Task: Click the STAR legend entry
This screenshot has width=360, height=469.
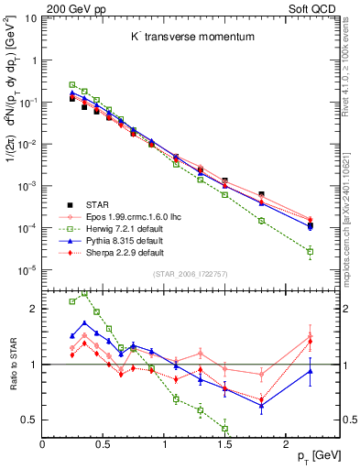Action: coord(100,205)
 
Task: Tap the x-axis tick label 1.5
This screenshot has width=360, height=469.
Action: coord(224,442)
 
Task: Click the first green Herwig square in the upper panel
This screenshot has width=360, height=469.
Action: coord(72,84)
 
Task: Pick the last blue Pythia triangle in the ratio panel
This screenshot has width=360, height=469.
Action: coord(310,371)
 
